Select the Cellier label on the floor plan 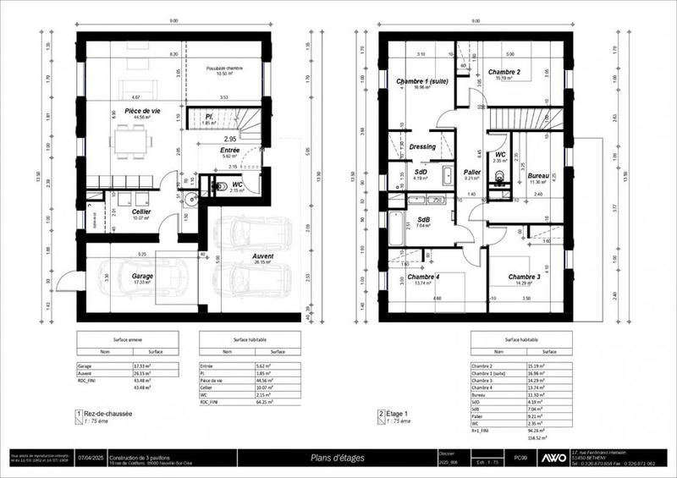pyautogui.click(x=140, y=212)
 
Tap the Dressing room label pyautogui.click(x=421, y=146)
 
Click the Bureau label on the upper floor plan pyautogui.click(x=539, y=176)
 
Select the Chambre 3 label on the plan pyautogui.click(x=524, y=277)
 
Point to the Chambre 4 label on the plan pyautogui.click(x=423, y=277)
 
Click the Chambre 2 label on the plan pyautogui.click(x=504, y=73)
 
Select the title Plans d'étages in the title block pyautogui.click(x=335, y=456)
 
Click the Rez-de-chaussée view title pyautogui.click(x=107, y=414)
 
